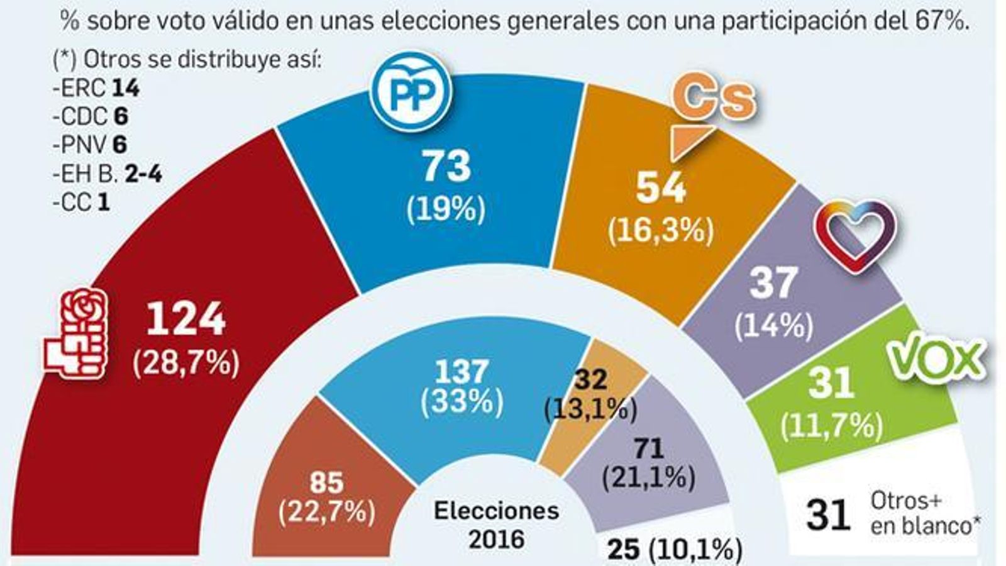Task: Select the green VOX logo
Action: click(937, 360)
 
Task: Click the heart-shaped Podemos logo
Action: click(856, 237)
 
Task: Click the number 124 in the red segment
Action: click(186, 320)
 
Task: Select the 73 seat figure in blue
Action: click(446, 167)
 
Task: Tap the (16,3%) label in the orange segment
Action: click(661, 231)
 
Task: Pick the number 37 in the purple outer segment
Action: click(773, 283)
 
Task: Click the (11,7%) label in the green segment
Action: click(831, 426)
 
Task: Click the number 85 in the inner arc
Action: click(326, 483)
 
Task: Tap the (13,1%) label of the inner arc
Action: click(590, 409)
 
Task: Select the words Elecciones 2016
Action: click(496, 524)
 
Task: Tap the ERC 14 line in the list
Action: click(96, 89)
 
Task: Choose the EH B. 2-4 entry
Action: click(108, 174)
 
